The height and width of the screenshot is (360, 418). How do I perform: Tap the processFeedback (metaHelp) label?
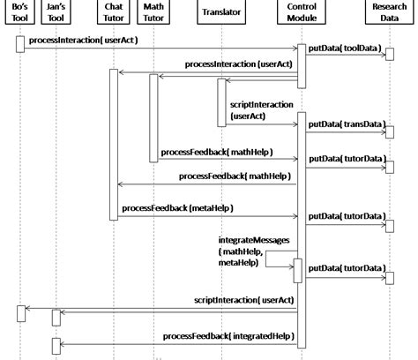coord(177,207)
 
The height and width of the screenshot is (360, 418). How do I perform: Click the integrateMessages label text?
coord(252,241)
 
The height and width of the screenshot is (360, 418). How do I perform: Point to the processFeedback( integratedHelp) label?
coord(227,336)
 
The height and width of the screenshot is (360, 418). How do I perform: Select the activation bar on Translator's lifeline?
coord(221,101)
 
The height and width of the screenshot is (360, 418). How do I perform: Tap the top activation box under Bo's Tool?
coord(20,44)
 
